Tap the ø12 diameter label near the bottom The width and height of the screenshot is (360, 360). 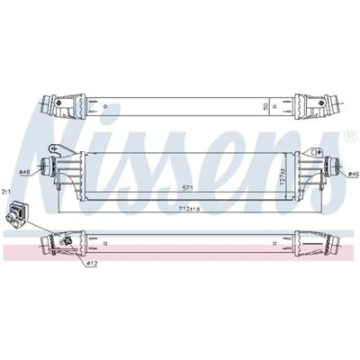click(x=92, y=263)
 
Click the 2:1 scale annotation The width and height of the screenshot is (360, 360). click(x=6, y=192)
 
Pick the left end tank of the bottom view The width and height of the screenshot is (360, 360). click(x=76, y=241)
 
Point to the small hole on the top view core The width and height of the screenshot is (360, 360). click(x=105, y=109)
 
